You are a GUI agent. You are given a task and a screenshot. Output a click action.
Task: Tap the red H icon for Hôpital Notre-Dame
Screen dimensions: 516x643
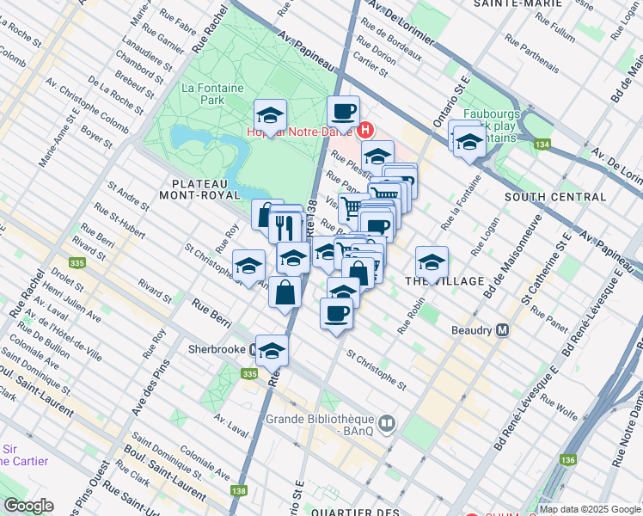click(364, 131)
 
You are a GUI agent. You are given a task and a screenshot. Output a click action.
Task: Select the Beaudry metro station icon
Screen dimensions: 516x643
click(503, 329)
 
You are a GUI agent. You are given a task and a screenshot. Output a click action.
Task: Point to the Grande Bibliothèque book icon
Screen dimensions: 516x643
click(387, 422)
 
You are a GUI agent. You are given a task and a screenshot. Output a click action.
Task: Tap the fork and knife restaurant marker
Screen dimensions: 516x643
click(285, 226)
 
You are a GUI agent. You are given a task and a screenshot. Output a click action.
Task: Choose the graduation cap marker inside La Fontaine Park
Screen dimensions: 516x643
click(270, 115)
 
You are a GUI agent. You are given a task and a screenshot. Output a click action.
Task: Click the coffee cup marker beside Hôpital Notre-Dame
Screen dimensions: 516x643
click(344, 111)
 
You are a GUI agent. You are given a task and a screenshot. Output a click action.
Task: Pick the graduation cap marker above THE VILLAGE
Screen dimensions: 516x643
click(432, 261)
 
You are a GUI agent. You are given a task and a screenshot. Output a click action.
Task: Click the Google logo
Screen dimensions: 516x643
click(28, 506)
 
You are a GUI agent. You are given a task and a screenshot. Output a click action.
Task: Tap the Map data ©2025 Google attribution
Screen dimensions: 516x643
click(590, 509)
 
